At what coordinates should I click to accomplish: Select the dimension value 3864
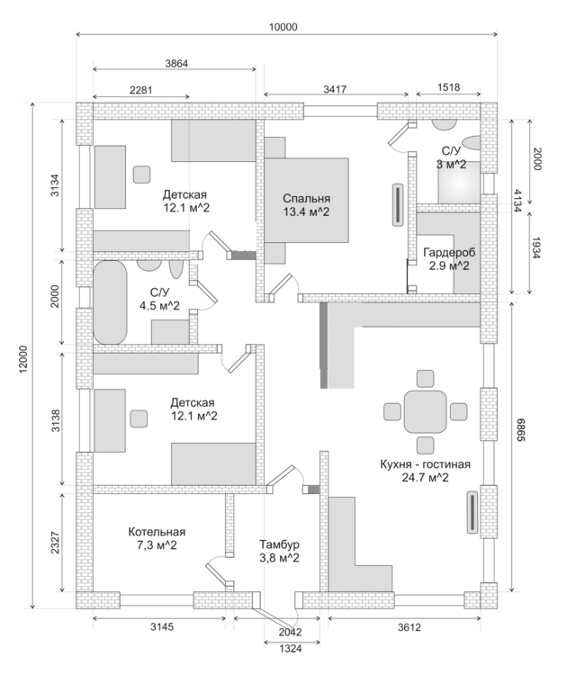[x=176, y=63]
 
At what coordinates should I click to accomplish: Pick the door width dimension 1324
[x=281, y=647]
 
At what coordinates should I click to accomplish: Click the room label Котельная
[x=156, y=531]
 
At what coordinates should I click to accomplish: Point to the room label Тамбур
[x=279, y=544]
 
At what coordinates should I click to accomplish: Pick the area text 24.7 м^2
[x=426, y=478]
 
